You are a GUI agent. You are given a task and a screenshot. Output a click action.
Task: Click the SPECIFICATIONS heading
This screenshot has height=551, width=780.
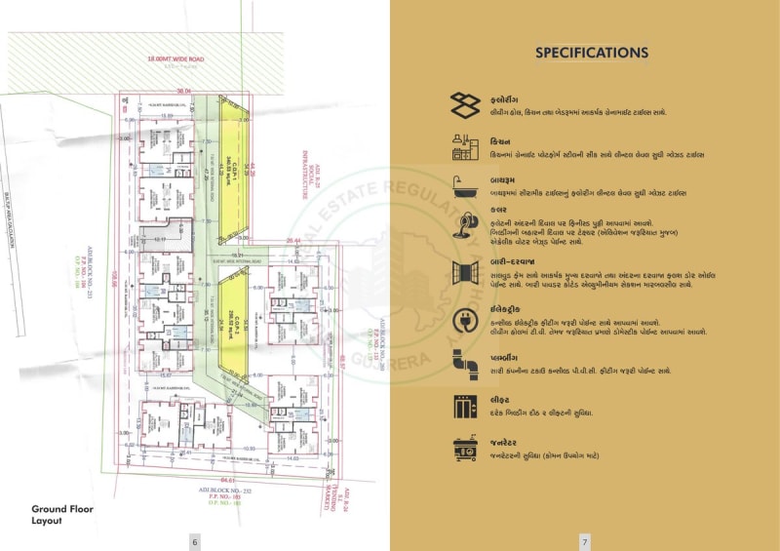[592, 53]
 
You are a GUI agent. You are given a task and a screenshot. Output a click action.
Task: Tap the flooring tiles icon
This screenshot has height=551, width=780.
[463, 105]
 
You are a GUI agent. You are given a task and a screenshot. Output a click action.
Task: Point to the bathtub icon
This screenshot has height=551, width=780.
[463, 186]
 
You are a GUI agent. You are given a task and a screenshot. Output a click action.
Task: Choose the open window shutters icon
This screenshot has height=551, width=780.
[463, 272]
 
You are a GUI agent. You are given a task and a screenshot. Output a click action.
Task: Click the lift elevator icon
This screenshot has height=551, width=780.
[463, 406]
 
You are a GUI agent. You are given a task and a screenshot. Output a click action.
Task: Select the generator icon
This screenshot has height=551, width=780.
[463, 449]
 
